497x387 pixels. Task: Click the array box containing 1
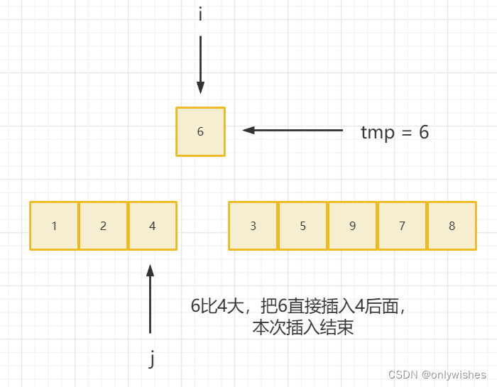(54, 226)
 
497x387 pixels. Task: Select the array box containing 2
(104, 226)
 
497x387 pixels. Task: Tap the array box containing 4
(153, 226)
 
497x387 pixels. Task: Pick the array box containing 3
(253, 226)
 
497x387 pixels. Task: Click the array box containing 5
(303, 226)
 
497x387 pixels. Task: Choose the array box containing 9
(353, 226)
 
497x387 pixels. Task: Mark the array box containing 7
(403, 226)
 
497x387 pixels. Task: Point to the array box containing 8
(452, 226)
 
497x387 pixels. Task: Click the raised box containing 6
(200, 131)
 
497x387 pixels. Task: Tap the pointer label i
(200, 14)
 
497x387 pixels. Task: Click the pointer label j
(151, 359)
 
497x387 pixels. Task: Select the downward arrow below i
(200, 64)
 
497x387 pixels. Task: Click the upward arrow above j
(150, 298)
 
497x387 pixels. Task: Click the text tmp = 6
(395, 132)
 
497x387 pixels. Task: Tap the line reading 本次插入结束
(303, 329)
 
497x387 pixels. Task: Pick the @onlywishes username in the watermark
(454, 374)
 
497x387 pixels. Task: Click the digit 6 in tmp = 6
(424, 132)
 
